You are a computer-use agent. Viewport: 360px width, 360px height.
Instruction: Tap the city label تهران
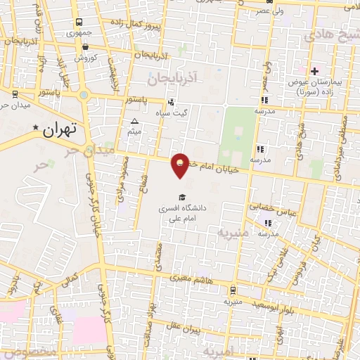click(x=58, y=131)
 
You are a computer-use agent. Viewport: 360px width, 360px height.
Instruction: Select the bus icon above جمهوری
click(x=77, y=22)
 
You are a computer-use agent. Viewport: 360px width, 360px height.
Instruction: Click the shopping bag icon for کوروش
click(x=86, y=48)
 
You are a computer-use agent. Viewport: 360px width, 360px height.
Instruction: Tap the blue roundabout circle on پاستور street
click(x=84, y=94)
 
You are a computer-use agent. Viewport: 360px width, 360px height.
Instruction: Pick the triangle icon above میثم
click(x=136, y=122)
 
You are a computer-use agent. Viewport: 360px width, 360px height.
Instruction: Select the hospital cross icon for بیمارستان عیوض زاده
click(x=314, y=71)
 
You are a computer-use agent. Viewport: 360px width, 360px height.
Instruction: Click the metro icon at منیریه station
click(x=233, y=289)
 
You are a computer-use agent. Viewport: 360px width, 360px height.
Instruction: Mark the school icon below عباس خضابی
click(x=267, y=224)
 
